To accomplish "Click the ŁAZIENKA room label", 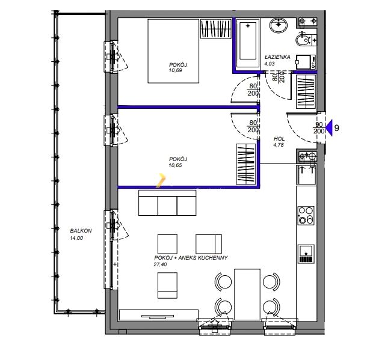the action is pyautogui.click(x=277, y=57).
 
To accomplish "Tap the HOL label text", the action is pyautogui.click(x=279, y=139).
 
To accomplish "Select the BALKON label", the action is pyautogui.click(x=81, y=231).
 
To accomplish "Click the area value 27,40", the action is pyautogui.click(x=161, y=264).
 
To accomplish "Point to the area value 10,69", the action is pyautogui.click(x=175, y=70).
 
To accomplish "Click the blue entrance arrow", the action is pyautogui.click(x=329, y=128).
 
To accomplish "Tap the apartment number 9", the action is pyautogui.click(x=337, y=128).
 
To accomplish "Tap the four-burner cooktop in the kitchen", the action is pyautogui.click(x=306, y=216).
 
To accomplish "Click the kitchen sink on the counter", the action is pyautogui.click(x=306, y=254).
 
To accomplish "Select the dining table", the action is pyautogui.click(x=247, y=294).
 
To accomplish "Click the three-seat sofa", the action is pyautogui.click(x=167, y=203).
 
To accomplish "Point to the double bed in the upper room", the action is pyautogui.click(x=173, y=51).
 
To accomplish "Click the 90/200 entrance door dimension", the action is pyautogui.click(x=319, y=128).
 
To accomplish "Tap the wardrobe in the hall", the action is pyautogui.click(x=306, y=91).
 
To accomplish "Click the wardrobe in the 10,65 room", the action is pyautogui.click(x=246, y=164).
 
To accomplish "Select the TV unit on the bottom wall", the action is pyautogui.click(x=158, y=315).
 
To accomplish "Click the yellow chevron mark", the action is pyautogui.click(x=161, y=180).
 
